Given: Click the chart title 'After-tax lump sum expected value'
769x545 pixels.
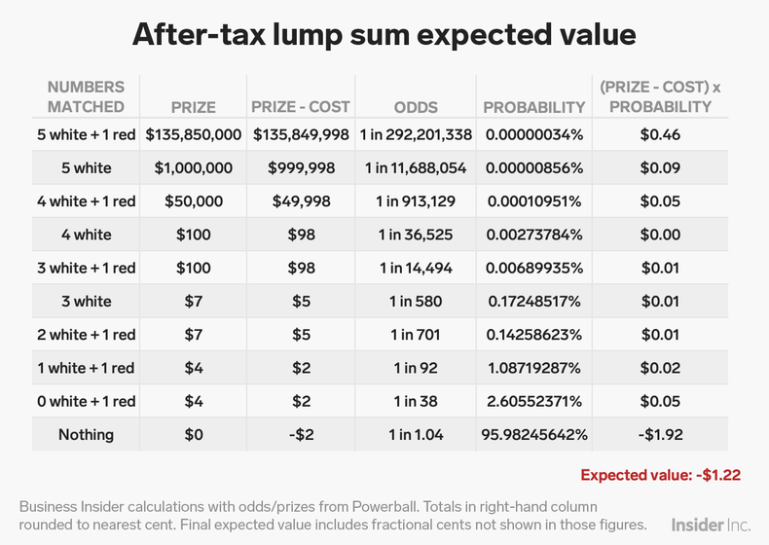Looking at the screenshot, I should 384,35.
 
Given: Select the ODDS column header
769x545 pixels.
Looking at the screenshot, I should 416,107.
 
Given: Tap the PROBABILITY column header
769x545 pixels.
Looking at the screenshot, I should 533,107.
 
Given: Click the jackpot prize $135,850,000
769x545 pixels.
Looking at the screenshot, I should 194,134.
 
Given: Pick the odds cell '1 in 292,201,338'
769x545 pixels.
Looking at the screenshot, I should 416,134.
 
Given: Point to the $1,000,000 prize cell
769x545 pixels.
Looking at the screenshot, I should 194,167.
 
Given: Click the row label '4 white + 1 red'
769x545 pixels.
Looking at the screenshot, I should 86,201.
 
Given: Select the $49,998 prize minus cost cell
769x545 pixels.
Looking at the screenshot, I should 302,201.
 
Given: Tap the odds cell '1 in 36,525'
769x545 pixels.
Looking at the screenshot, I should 416,235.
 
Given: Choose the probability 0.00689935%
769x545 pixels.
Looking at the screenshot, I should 533,268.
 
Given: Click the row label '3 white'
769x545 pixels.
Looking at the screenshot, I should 86,301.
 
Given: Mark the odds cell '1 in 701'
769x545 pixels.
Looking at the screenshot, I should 416,335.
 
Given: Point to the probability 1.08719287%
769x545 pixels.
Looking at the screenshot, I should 533,368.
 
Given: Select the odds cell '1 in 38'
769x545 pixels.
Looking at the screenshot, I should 416,401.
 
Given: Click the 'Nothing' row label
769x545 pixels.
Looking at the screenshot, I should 86,434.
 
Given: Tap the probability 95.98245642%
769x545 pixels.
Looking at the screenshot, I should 533,434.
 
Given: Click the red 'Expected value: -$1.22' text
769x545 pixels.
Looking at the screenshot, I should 661,475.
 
